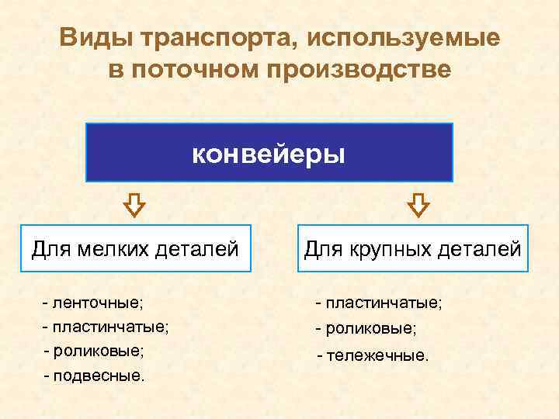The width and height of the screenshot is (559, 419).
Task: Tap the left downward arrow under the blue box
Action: pos(134,205)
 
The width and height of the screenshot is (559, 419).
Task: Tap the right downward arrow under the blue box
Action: pos(418,205)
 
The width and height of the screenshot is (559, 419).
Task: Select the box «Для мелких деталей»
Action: pos(135,248)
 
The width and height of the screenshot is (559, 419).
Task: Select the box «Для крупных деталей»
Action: pos(412,248)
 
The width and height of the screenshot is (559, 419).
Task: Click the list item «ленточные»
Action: pos(102,301)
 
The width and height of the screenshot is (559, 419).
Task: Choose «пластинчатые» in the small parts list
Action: pos(109,326)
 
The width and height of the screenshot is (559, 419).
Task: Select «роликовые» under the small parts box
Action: pos(98,350)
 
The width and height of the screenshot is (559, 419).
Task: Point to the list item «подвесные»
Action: pos(98,376)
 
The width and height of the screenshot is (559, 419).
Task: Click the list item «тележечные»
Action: pos(377,355)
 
